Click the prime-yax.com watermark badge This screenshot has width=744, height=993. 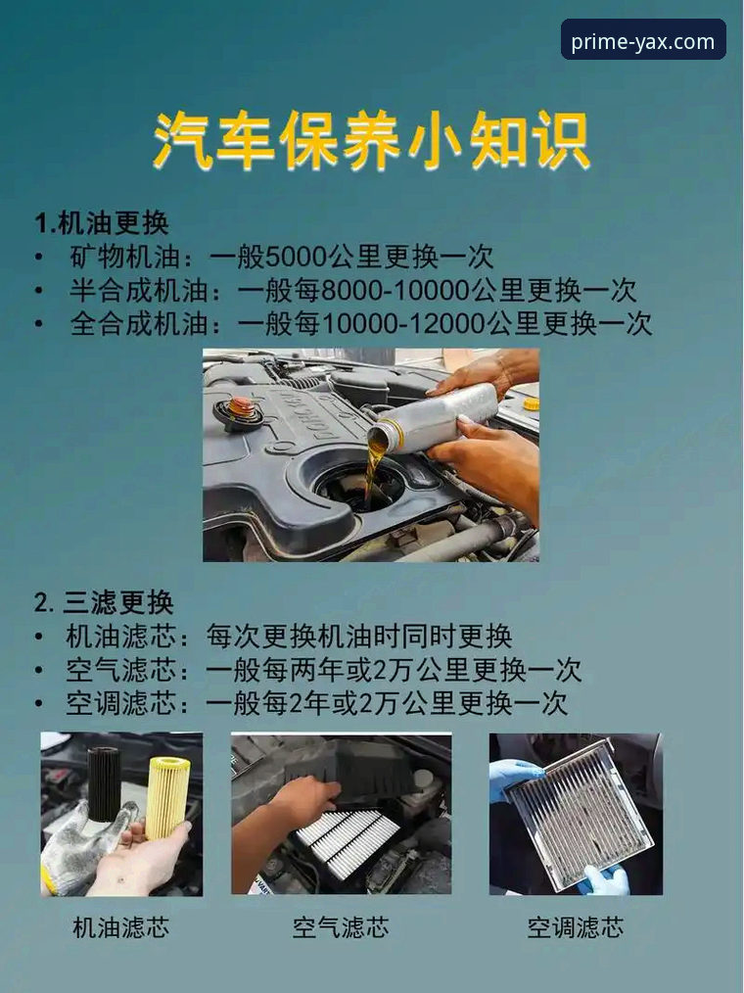[x=643, y=40]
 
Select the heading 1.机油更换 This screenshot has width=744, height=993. [x=102, y=222]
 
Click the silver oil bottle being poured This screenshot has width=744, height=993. [x=435, y=417]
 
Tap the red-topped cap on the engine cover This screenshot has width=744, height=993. [x=241, y=406]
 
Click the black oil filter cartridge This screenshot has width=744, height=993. [x=103, y=783]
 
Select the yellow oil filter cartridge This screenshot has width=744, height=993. [x=167, y=796]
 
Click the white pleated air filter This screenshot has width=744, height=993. [x=347, y=841]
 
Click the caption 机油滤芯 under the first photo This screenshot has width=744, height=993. [x=120, y=927]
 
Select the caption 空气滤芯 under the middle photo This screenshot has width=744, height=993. [x=340, y=927]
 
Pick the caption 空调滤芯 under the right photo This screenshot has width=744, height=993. [x=575, y=927]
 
